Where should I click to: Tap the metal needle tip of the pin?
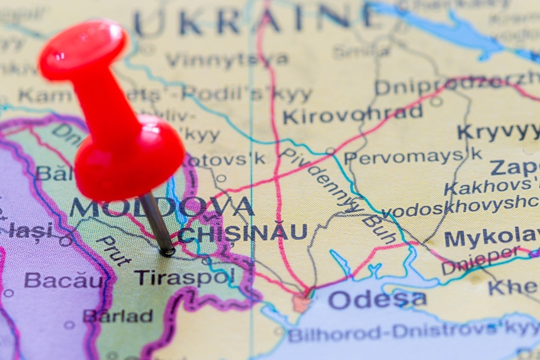(x=167, y=250)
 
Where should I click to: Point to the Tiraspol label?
(x=184, y=277)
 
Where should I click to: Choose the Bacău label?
(x=63, y=281)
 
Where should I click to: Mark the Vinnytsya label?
(x=226, y=59)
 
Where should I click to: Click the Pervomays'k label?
(x=413, y=156)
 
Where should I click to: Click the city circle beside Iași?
(x=66, y=241)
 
